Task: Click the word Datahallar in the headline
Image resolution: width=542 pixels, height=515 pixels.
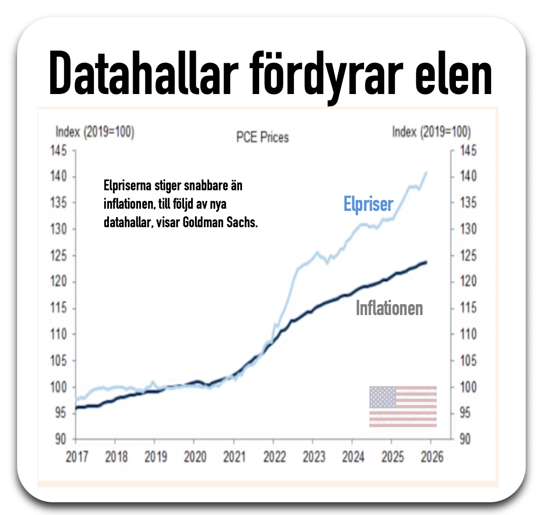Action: click(144, 74)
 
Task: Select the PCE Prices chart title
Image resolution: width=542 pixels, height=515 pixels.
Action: click(263, 137)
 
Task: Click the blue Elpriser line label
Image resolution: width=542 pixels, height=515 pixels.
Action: click(368, 204)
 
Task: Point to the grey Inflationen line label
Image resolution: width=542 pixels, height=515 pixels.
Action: click(389, 308)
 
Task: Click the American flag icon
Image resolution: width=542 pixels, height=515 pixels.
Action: click(403, 406)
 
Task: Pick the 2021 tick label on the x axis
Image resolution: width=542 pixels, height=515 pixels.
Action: click(234, 457)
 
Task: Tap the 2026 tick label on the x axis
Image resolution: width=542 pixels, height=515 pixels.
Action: click(432, 457)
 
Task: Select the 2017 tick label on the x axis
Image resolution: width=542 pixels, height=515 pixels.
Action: click(77, 457)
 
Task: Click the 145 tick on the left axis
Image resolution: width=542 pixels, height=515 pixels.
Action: click(58, 151)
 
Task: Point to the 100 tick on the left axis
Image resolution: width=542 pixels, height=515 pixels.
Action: click(58, 387)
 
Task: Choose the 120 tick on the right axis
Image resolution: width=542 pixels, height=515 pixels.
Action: click(468, 282)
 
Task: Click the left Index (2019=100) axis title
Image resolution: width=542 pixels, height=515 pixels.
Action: click(95, 132)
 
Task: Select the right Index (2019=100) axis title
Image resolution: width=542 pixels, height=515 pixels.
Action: click(431, 132)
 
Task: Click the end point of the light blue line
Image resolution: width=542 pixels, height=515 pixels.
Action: click(426, 172)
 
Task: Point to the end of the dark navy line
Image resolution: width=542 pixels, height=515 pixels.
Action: click(426, 263)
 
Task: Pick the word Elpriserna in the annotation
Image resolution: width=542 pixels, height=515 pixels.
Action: click(127, 186)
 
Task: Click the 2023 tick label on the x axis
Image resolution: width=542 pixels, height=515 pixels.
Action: click(314, 457)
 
